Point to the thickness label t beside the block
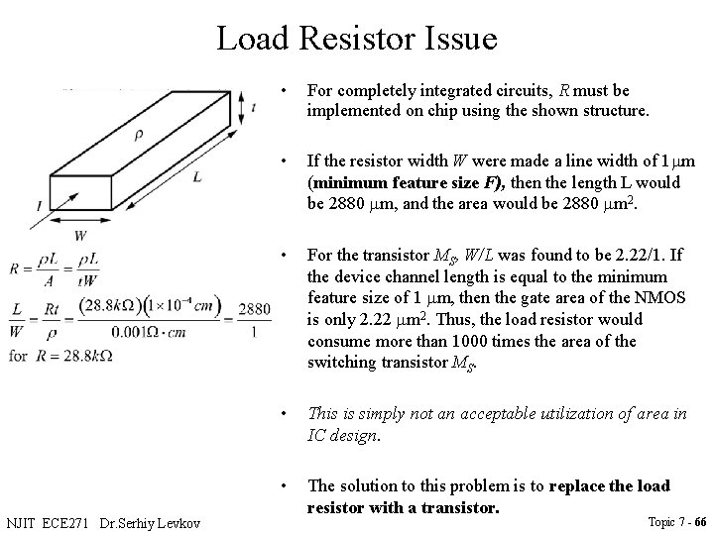point(255,110)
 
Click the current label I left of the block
point(37,205)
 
